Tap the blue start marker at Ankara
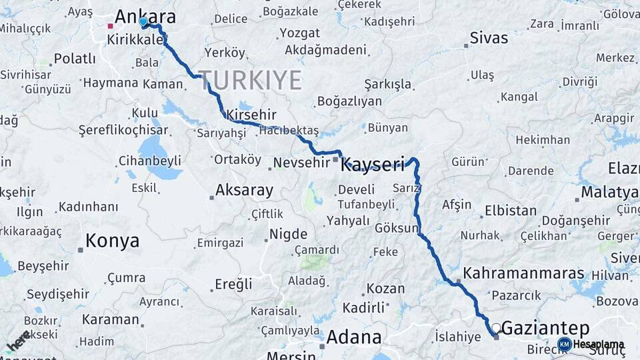click(143, 22)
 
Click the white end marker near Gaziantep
click(496, 327)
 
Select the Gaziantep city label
click(545, 327)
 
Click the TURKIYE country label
click(249, 80)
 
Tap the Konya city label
click(113, 241)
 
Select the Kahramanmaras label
click(523, 273)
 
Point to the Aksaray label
click(243, 190)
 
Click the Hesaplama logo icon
click(564, 344)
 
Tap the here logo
click(19, 340)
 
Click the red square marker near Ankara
click(111, 27)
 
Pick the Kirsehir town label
click(251, 115)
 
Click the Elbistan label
click(511, 211)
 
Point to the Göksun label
click(396, 227)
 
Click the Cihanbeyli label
click(149, 160)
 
